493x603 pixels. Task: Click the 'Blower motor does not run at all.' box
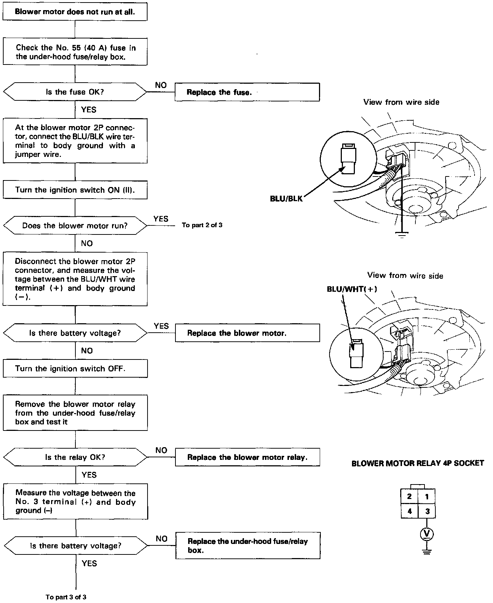pos(75,12)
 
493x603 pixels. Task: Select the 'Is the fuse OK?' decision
pos(75,92)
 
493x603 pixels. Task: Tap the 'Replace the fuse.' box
pos(247,92)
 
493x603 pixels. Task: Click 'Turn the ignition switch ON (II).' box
pos(75,190)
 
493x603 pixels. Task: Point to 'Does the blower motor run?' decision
pos(75,226)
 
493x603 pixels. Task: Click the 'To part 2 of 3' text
pos(202,225)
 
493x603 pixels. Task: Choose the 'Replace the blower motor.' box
pos(247,333)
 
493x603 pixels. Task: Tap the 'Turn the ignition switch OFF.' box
pos(75,369)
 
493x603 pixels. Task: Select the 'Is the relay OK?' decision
pos(75,457)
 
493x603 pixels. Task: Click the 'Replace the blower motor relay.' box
pos(247,457)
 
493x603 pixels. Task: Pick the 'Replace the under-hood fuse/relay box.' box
pos(248,546)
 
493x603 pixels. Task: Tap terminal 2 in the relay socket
pos(409,496)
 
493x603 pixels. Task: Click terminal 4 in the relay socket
pos(409,512)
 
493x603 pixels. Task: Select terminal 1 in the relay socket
pos(427,496)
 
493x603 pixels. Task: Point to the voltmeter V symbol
pos(427,533)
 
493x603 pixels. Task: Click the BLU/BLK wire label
pos(286,199)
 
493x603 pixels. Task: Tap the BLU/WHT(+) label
pos(352,289)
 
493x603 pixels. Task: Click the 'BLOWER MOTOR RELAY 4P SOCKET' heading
pos(418,463)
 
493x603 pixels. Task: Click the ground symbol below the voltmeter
pos(427,552)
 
